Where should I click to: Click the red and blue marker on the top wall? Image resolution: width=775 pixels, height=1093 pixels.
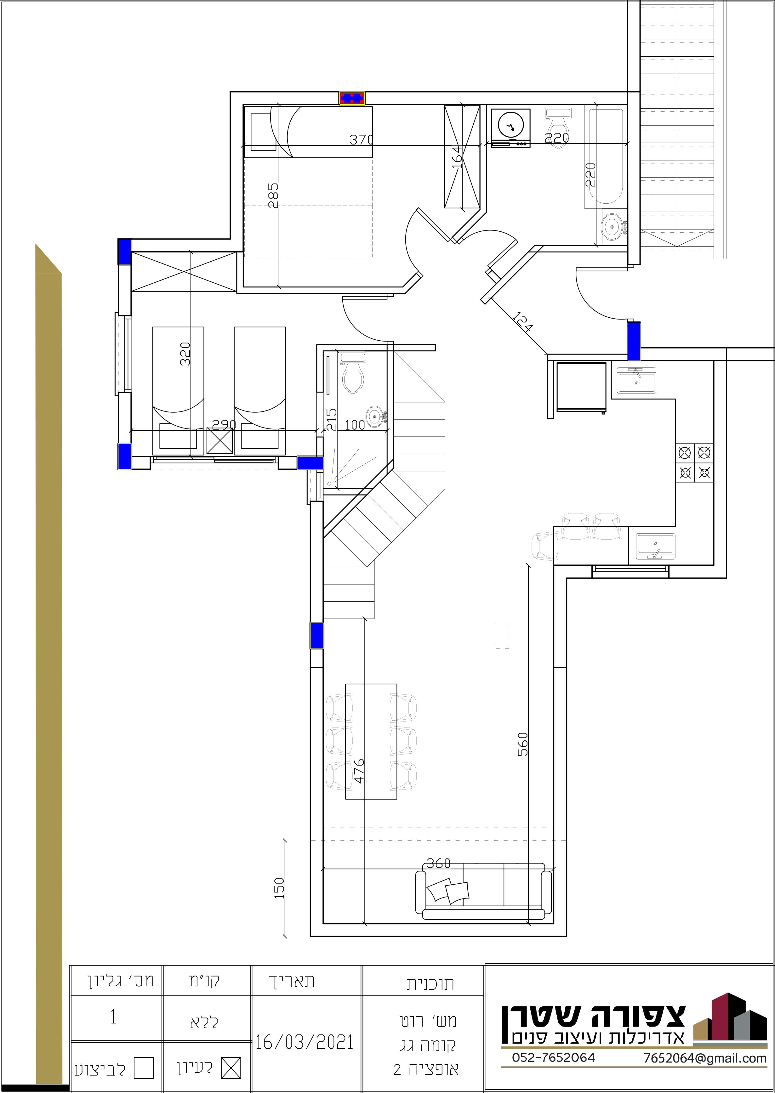click(x=352, y=98)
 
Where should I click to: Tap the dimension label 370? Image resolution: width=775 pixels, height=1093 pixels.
click(x=361, y=140)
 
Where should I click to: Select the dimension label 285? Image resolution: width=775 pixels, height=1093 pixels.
click(x=273, y=195)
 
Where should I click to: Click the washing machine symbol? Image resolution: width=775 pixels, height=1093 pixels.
click(x=510, y=128)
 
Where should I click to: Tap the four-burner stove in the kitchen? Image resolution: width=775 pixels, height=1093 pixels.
click(x=694, y=463)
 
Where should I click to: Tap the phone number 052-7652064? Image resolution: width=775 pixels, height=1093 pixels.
click(x=554, y=1071)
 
